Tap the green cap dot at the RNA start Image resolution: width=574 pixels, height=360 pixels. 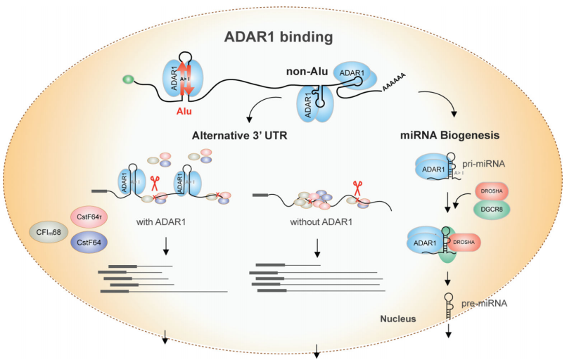pyautogui.click(x=127, y=79)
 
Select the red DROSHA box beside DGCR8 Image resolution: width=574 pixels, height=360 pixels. pyautogui.click(x=494, y=192)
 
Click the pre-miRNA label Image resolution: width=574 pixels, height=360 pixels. pyautogui.click(x=484, y=304)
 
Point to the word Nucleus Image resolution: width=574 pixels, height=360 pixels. pyautogui.click(x=398, y=319)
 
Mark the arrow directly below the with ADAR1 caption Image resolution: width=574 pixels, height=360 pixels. pyautogui.click(x=166, y=247)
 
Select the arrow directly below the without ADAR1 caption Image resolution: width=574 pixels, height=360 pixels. pyautogui.click(x=317, y=247)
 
